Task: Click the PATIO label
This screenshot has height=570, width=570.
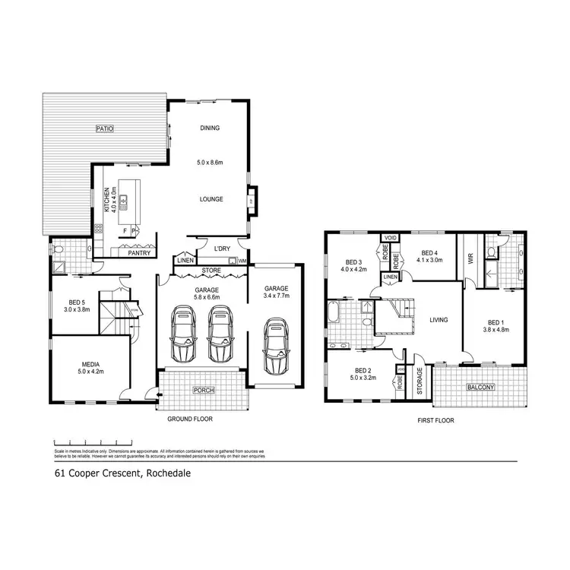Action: point(104,129)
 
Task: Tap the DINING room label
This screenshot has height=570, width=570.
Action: point(210,128)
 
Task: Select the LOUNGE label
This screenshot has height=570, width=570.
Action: point(211,199)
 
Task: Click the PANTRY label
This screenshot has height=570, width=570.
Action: point(138,253)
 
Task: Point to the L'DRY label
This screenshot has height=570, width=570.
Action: point(222,249)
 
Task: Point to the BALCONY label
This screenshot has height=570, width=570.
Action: point(480,387)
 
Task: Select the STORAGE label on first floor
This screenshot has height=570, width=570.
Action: point(419,382)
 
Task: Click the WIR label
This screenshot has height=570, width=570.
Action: point(470,259)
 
